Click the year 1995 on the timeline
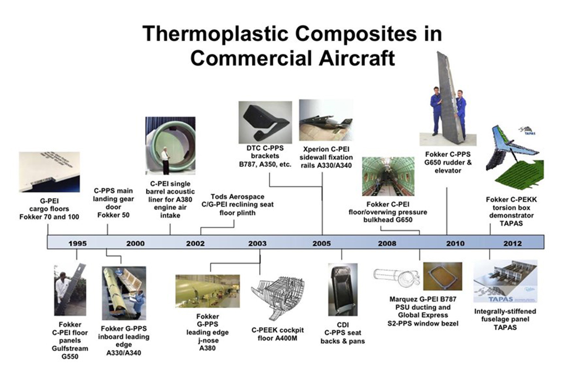78,243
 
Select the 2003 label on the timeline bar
258,243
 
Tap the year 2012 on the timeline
512,243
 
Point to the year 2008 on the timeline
387,243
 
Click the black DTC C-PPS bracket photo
265,122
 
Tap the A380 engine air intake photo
170,146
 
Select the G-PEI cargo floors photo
49,172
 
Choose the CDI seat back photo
342,289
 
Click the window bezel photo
443,277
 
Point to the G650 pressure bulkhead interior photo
388,177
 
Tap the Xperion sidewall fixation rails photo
326,121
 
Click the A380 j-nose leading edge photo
207,291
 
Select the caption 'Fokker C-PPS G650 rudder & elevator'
448,162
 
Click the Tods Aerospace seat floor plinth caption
237,205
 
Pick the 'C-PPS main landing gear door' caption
114,203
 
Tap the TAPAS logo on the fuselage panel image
501,299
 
